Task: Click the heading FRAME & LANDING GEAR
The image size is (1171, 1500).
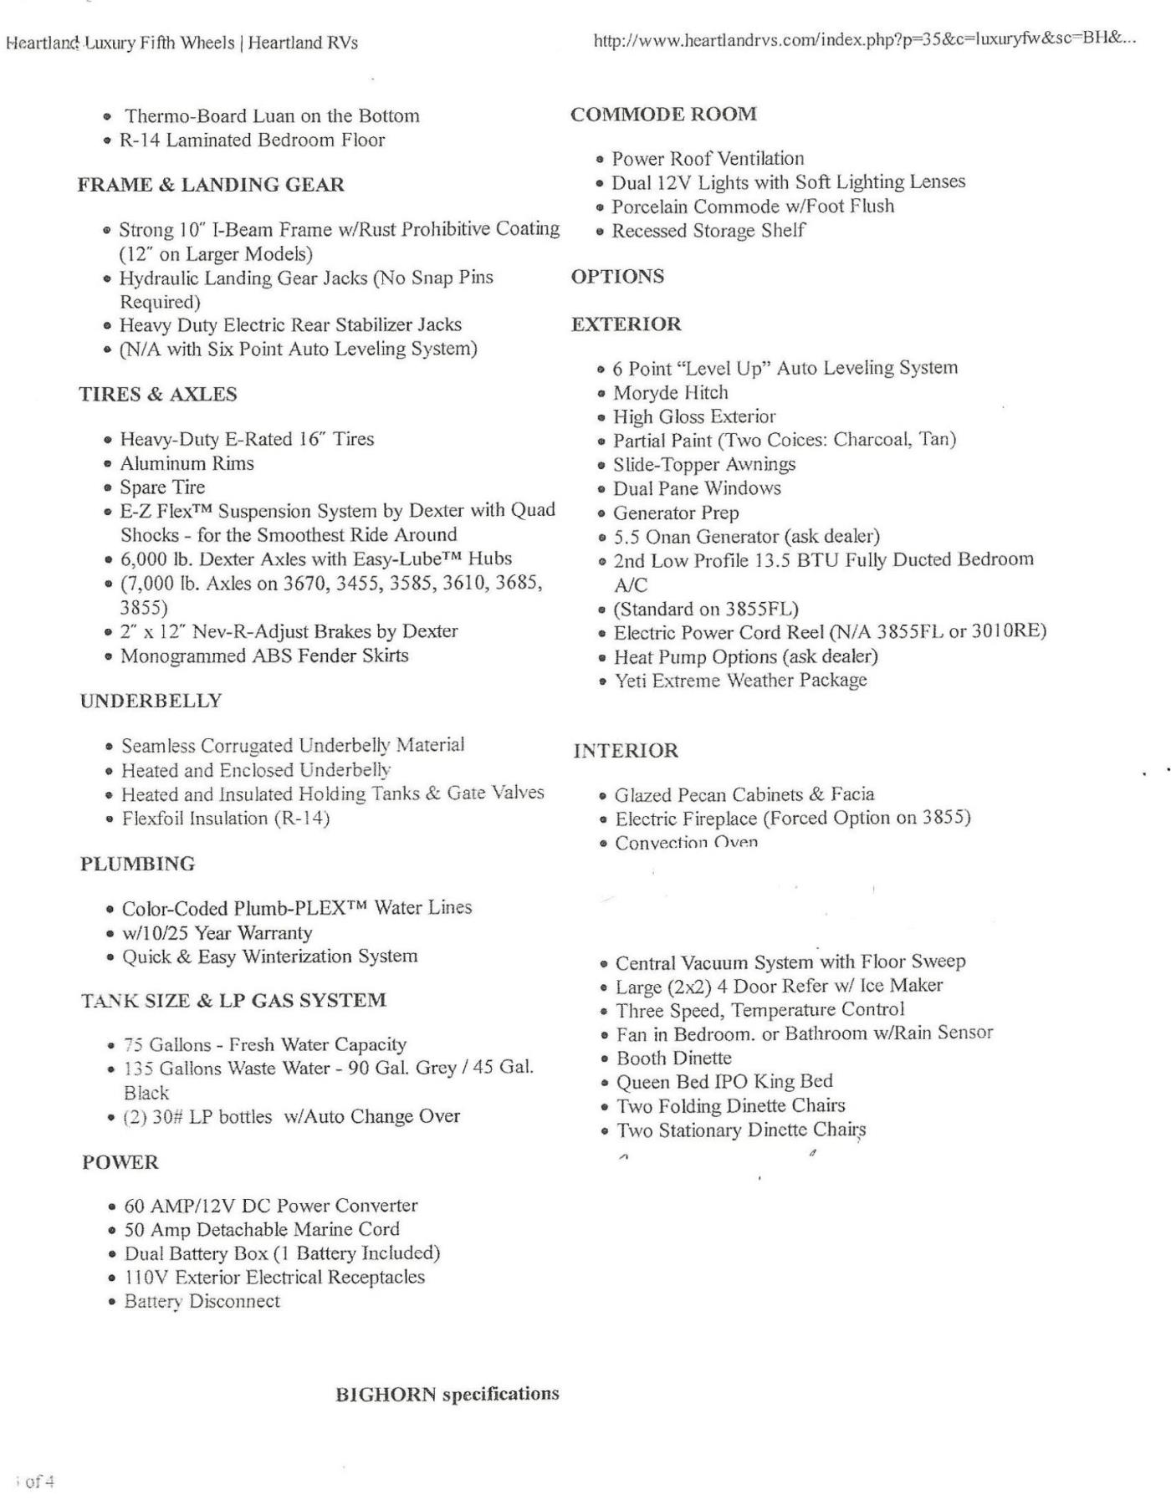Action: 211,185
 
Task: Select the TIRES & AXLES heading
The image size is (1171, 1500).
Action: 158,394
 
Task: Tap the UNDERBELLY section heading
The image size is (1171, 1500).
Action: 151,701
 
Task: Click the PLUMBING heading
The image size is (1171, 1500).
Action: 137,864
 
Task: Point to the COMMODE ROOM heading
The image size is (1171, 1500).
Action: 663,114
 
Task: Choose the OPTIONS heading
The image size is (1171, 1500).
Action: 617,277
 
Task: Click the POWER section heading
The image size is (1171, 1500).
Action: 120,1162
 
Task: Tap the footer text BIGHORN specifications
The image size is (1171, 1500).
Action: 447,1394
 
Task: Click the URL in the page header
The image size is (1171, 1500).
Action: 864,40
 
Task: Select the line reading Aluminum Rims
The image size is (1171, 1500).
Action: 187,463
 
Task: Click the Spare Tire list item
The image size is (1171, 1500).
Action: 162,487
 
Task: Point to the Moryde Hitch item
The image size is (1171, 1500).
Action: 670,392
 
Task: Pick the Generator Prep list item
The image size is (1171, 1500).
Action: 676,513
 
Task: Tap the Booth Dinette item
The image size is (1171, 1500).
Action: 673,1058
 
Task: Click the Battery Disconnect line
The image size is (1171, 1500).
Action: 202,1301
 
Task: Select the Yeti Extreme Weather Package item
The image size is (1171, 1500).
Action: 740,681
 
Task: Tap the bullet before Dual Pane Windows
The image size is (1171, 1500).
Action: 601,488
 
